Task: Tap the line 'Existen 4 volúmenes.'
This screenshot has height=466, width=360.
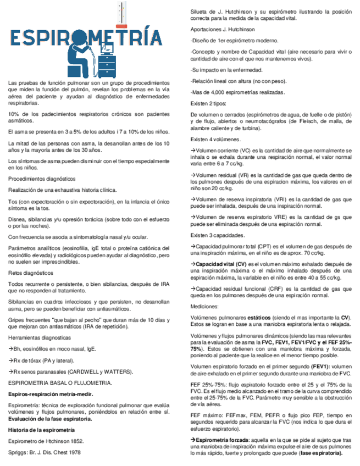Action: pyautogui.click(x=215, y=140)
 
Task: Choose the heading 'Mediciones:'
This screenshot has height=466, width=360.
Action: pyautogui.click(x=204, y=306)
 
